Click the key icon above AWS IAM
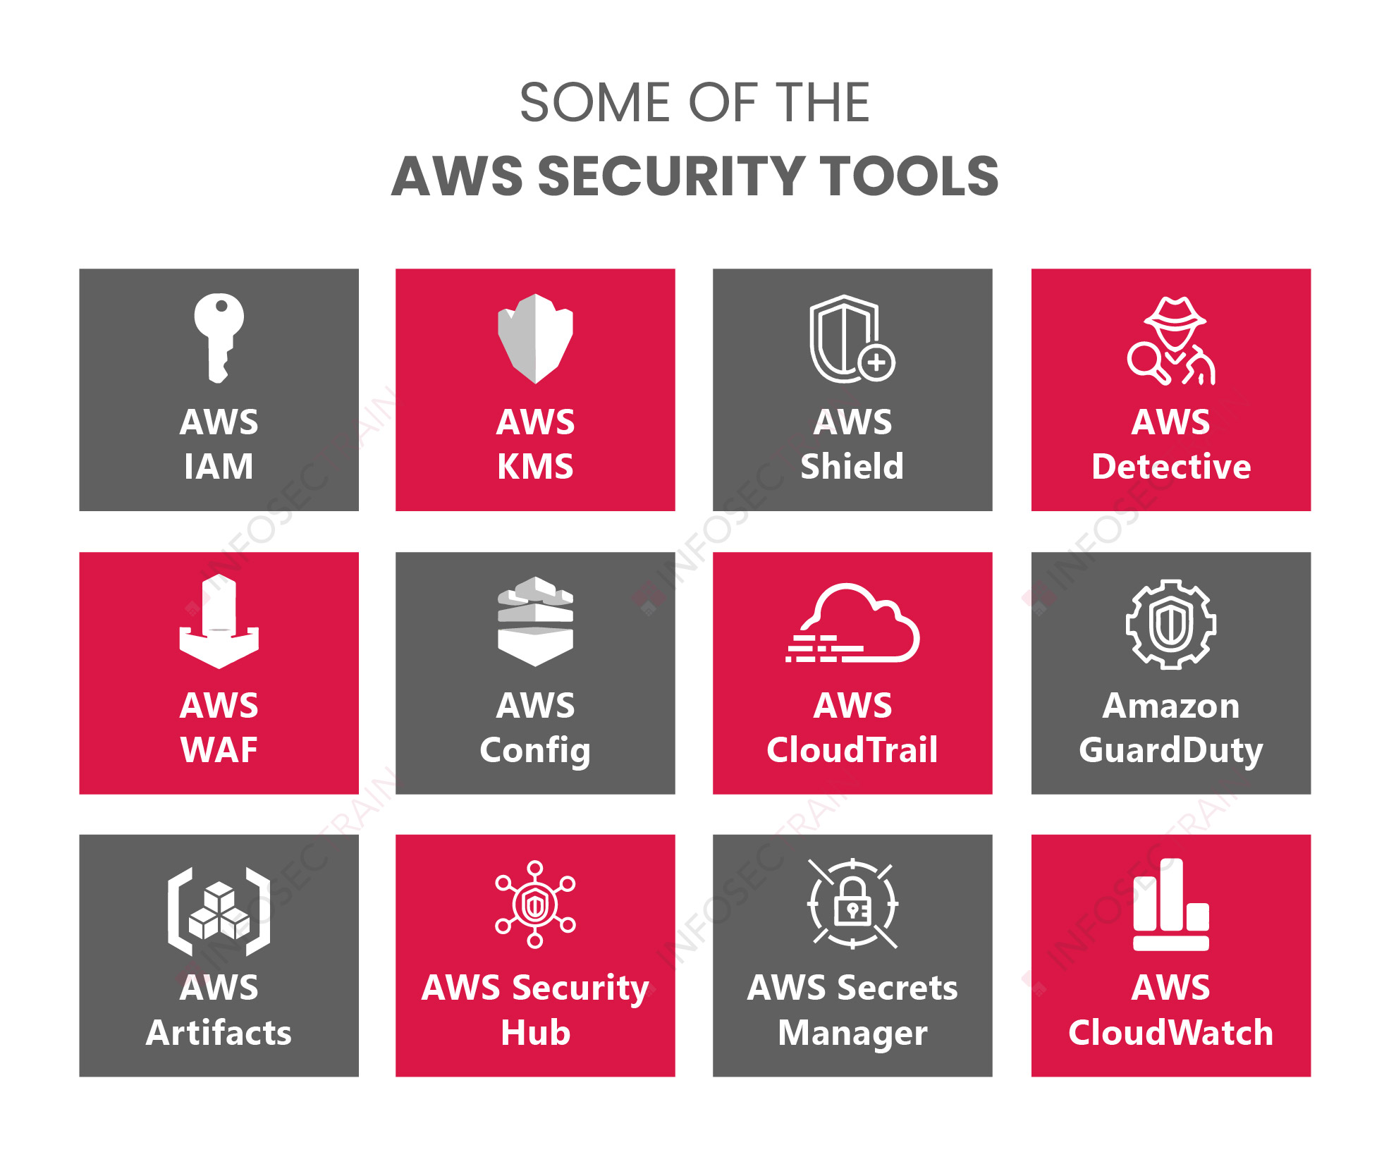(219, 337)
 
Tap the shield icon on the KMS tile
(535, 338)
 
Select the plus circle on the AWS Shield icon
(876, 363)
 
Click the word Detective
(1170, 467)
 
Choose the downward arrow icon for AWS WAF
(219, 622)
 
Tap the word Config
(535, 750)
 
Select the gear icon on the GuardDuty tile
(1170, 624)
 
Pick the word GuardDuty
(1170, 750)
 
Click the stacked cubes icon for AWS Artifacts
(219, 912)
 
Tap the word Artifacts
(219, 1033)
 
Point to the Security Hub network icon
(535, 904)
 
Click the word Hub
(535, 1033)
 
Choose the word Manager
(852, 1033)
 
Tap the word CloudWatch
(1170, 1033)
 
